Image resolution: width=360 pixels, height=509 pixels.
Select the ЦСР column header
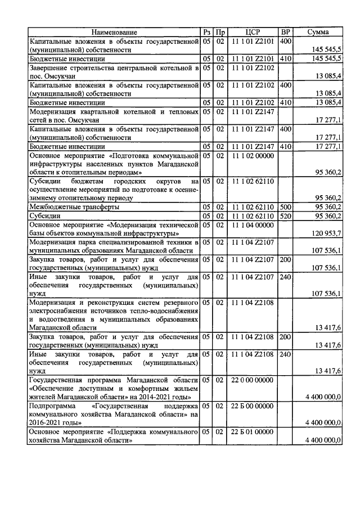[252, 32]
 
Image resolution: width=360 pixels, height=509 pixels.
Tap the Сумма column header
[318, 32]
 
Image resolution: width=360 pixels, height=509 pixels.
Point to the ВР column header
[286, 32]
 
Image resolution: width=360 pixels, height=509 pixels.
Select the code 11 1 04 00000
[252, 225]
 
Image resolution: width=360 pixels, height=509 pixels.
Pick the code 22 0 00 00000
[252, 380]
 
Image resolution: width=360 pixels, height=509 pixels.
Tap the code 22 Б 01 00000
[252, 432]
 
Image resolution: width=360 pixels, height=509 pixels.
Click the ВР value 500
[286, 206]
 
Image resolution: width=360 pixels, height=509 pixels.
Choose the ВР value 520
[286, 215]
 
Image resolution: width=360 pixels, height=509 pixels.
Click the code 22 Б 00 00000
[252, 406]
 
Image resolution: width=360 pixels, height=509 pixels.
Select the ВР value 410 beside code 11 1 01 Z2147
[286, 146]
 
